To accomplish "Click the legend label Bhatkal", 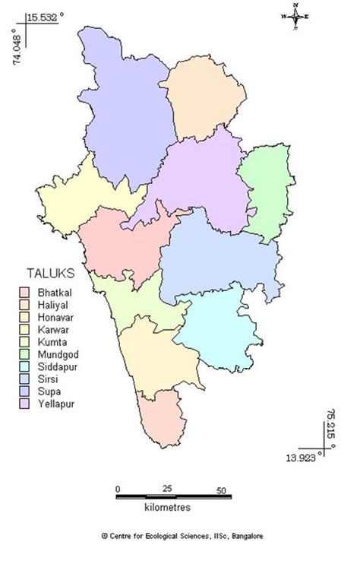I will tap(52, 291).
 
